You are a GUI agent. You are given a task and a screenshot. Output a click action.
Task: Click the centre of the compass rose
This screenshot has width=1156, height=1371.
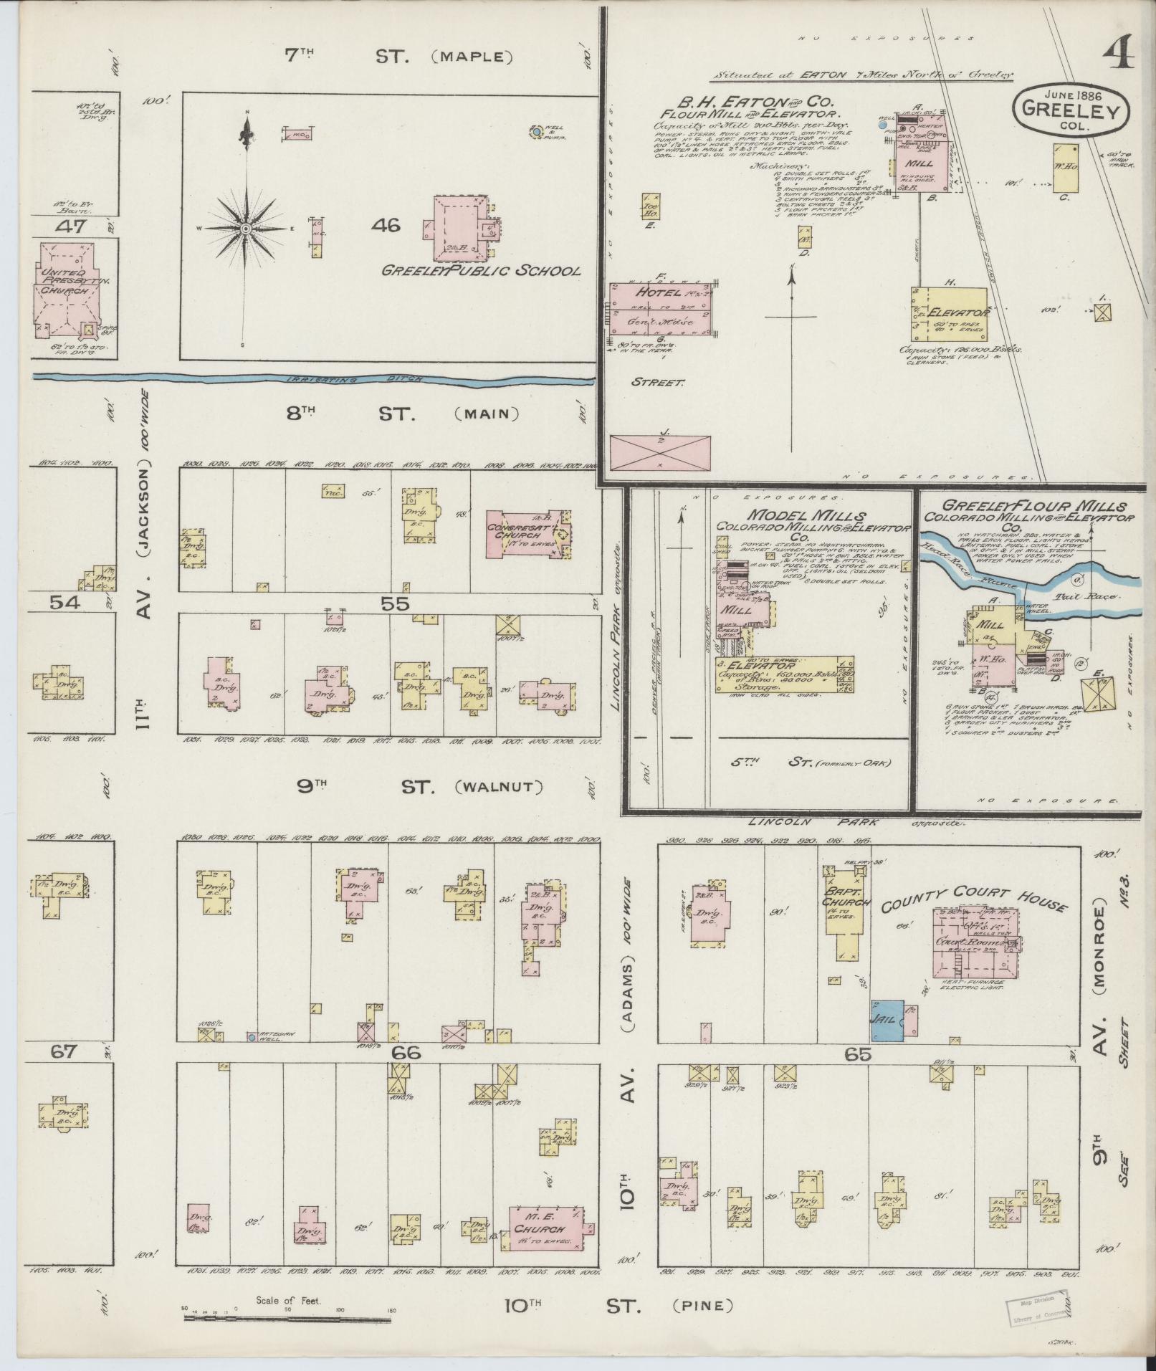pos(245,228)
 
